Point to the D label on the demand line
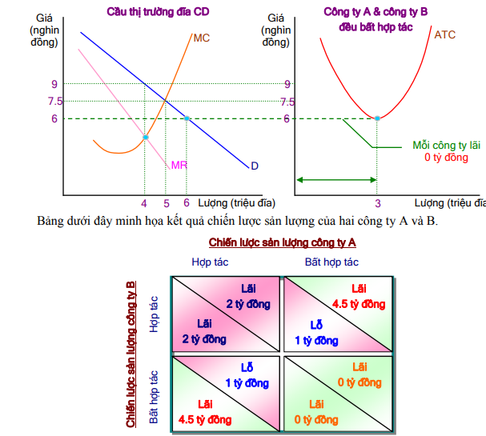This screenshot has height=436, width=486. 254,166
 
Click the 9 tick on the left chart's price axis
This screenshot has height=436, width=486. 54,83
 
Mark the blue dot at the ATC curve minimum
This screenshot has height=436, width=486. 377,118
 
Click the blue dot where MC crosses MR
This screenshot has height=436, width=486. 145,138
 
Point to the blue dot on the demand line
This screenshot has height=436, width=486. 187,118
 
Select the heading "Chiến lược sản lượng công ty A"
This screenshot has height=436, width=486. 282,242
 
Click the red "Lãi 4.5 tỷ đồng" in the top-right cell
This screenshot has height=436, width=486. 358,297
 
